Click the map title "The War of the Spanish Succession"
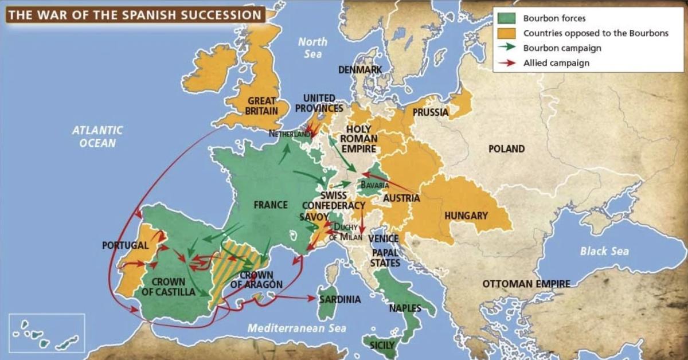click(x=135, y=14)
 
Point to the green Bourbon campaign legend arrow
click(x=508, y=48)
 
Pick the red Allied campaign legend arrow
click(x=508, y=63)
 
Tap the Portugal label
click(x=125, y=245)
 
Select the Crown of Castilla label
click(x=169, y=287)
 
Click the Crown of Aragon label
click(x=256, y=280)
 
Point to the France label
click(x=271, y=205)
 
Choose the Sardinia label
click(x=340, y=299)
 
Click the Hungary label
click(x=466, y=216)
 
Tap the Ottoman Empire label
click(x=526, y=284)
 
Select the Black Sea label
click(x=604, y=251)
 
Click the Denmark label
click(x=360, y=69)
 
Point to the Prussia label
click(x=430, y=112)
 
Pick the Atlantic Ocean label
click(x=97, y=136)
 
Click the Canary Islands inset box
click(x=47, y=333)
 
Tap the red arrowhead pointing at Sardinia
click(x=312, y=298)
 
